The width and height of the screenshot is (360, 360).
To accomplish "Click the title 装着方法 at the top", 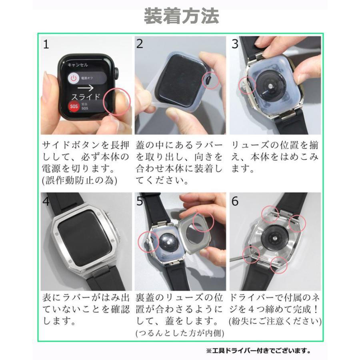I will (x=181, y=17).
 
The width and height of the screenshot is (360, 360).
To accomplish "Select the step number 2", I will (x=140, y=44).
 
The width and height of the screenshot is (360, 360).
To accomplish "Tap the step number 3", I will (x=235, y=44).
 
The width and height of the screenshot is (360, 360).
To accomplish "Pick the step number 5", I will (x=140, y=201).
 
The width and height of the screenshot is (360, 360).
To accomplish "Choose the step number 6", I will (x=235, y=201).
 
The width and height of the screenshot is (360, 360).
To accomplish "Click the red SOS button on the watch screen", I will (x=74, y=107).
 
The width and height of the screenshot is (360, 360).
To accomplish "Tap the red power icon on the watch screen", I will (x=73, y=78).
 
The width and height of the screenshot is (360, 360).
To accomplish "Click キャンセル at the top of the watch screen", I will (x=78, y=64).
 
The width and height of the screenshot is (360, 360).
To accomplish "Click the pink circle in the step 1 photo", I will (x=117, y=101).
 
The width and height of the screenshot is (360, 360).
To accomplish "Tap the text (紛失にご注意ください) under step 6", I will (x=275, y=321).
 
